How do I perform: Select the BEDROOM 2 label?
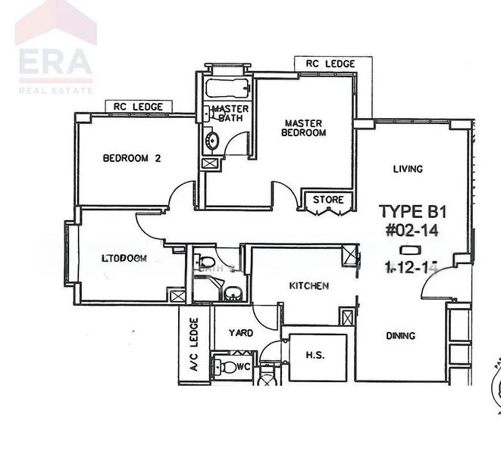pos(132,158)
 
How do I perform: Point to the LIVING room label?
pos(408,169)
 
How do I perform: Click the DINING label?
pos(399,335)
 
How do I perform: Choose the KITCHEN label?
pos(308,286)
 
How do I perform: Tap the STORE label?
pos(329,201)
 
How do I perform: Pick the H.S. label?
pos(315,353)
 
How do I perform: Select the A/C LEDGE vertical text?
pos(193,344)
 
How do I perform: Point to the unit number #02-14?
pos(412,229)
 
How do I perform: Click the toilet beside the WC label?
pos(226,368)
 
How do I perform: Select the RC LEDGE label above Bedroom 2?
pos(138,107)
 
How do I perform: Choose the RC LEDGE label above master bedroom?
pos(330,64)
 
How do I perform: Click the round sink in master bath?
pos(211,139)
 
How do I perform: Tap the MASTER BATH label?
pos(225,113)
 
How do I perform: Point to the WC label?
pos(243,366)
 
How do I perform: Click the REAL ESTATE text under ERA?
pos(55,90)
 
